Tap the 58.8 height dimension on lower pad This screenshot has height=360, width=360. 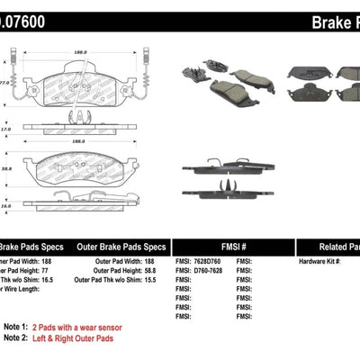[6, 166]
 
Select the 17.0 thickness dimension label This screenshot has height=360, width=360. [4, 130]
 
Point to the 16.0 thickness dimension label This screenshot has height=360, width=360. [4, 205]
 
